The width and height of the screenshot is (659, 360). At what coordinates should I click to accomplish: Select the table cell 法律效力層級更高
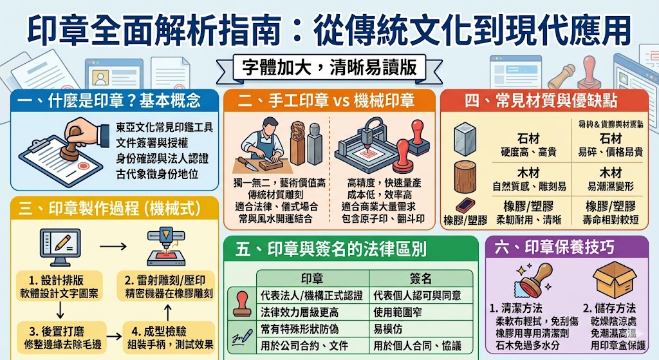(x=299, y=312)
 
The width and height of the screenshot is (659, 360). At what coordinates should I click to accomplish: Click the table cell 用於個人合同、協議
(x=416, y=345)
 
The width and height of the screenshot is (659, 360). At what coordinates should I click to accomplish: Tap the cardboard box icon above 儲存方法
(x=611, y=279)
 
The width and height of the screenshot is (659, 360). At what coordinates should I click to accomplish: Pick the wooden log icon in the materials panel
(x=466, y=173)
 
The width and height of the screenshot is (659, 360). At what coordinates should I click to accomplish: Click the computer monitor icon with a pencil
(x=60, y=244)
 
